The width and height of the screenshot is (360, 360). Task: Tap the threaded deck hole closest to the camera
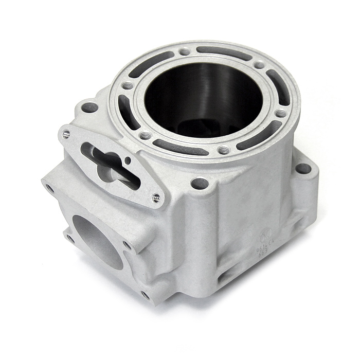coord(223,150)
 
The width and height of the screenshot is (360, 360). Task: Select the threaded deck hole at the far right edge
coord(280,114)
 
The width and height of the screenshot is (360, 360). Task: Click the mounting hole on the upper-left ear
coord(89,107)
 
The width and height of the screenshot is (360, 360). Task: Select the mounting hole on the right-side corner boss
coord(303,168)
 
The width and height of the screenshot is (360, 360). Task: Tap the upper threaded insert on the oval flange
coord(66,134)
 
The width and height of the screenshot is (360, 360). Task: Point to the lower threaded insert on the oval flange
coord(155,197)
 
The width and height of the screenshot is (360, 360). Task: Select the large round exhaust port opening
coord(98,241)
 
